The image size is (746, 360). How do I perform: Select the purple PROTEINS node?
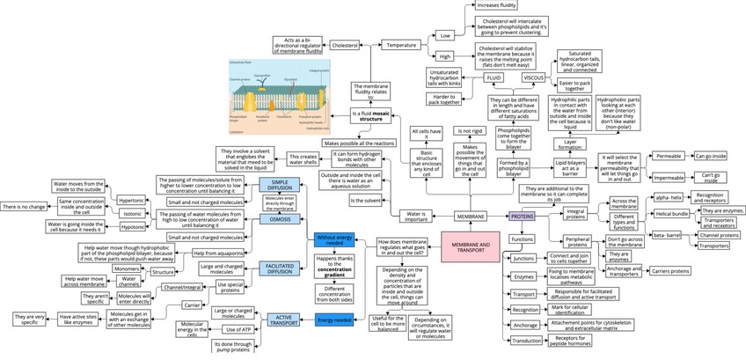[x=522, y=216]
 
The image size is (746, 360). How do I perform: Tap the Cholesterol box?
[x=344, y=45]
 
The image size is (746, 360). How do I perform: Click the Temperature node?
[x=403, y=45]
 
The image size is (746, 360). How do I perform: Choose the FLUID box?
[x=494, y=78]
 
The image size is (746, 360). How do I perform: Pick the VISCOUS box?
[x=534, y=78]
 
